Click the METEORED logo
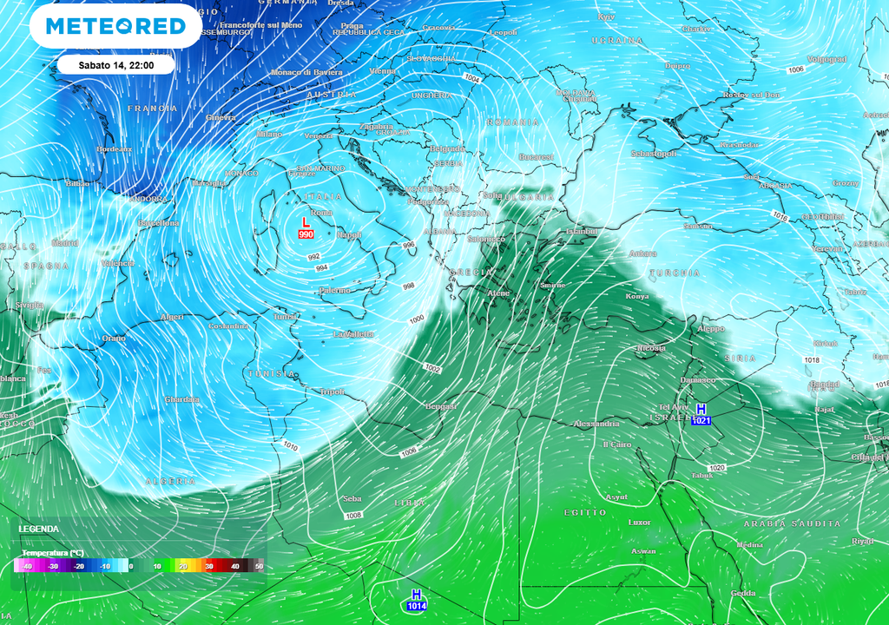pyautogui.click(x=115, y=26)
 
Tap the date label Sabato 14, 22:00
pyautogui.click(x=115, y=65)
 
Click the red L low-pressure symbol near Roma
pyautogui.click(x=306, y=223)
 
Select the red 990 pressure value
pyautogui.click(x=306, y=234)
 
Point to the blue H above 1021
pyautogui.click(x=701, y=409)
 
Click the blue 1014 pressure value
pyautogui.click(x=417, y=606)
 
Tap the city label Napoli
pyautogui.click(x=350, y=235)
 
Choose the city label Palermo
pyautogui.click(x=333, y=290)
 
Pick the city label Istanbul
pyautogui.click(x=582, y=232)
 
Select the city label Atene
pyautogui.click(x=499, y=293)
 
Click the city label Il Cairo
pyautogui.click(x=617, y=444)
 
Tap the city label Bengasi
pyautogui.click(x=441, y=406)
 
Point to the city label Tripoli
pyautogui.click(x=333, y=391)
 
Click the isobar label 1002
pyautogui.click(x=433, y=369)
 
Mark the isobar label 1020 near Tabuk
pyautogui.click(x=716, y=468)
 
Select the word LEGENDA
pyautogui.click(x=39, y=529)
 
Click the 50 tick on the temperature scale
pyautogui.click(x=259, y=566)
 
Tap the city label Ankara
pyautogui.click(x=642, y=253)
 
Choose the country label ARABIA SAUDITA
pyautogui.click(x=792, y=523)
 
